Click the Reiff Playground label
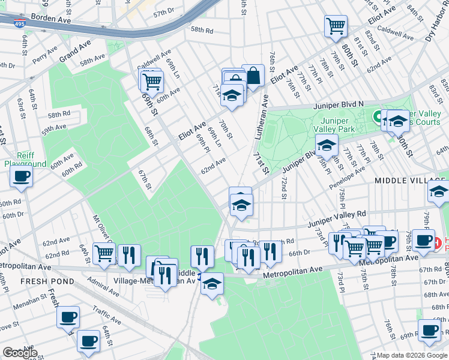pos(25,159)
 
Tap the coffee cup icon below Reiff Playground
pos(21,176)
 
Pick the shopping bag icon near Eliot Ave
pos(253,75)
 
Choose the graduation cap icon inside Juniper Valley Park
pos(327,146)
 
